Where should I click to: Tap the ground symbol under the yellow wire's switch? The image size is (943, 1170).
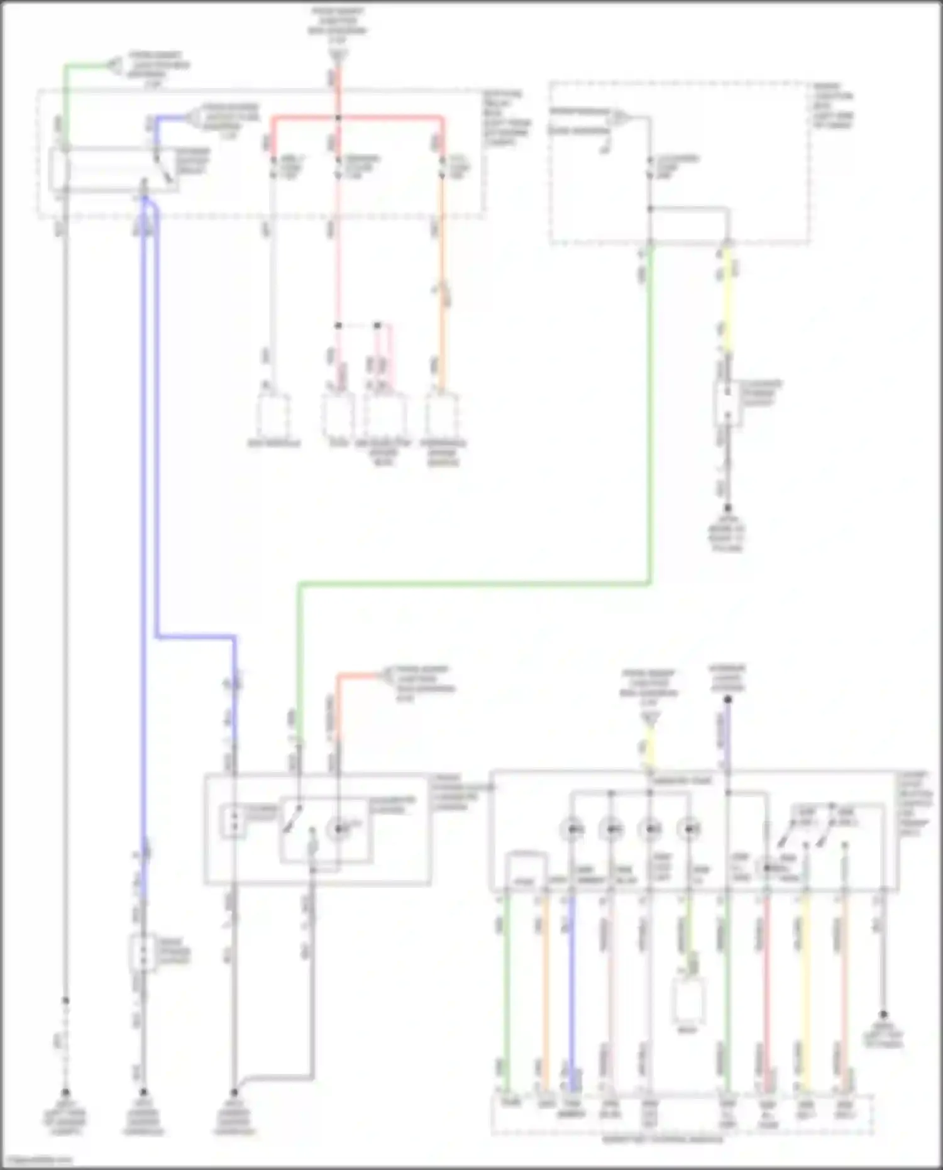pyautogui.click(x=727, y=508)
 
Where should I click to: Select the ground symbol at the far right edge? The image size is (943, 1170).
pyautogui.click(x=883, y=1015)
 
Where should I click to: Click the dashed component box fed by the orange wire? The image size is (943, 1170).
pyautogui.click(x=442, y=415)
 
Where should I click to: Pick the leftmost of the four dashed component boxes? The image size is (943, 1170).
pyautogui.click(x=272, y=415)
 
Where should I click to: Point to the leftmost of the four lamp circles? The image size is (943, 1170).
pyautogui.click(x=572, y=829)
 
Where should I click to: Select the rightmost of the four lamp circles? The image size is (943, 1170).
pyautogui.click(x=690, y=829)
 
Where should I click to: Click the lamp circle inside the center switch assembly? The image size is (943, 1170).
pyautogui.click(x=338, y=829)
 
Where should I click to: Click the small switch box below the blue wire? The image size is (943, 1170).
pyautogui.click(x=143, y=953)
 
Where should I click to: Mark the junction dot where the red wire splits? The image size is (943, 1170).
pyautogui.click(x=338, y=118)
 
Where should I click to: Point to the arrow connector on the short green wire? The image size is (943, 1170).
pyautogui.click(x=114, y=64)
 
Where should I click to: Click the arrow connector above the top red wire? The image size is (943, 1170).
pyautogui.click(x=338, y=57)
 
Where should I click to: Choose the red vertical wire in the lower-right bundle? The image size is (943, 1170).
pyautogui.click(x=766, y=993)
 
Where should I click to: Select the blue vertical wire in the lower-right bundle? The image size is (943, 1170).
pyautogui.click(x=572, y=993)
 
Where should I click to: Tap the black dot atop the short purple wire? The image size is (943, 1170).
pyautogui.click(x=728, y=699)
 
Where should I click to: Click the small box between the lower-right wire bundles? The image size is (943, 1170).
pyautogui.click(x=688, y=1000)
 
